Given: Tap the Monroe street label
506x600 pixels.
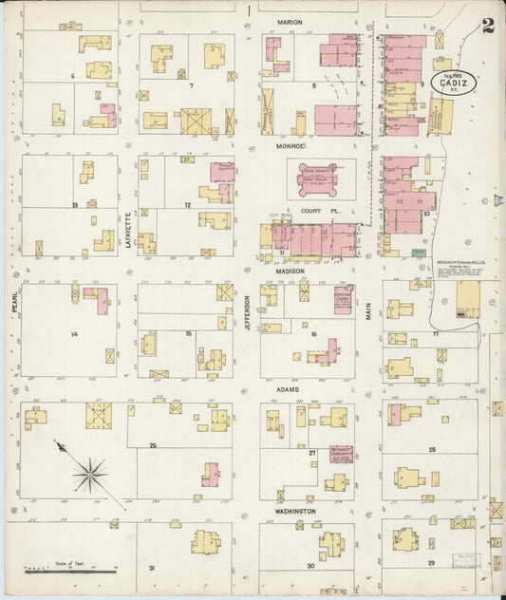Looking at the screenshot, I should [x=290, y=146].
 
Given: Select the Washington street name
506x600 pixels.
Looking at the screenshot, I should [x=296, y=511].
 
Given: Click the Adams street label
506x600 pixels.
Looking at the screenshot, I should [x=288, y=389].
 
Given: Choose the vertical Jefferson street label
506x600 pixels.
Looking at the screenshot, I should [x=250, y=311].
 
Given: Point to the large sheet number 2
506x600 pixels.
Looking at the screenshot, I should [x=487, y=26].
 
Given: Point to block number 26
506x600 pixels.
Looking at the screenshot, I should [x=152, y=444].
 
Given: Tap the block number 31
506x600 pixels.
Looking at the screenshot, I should [x=151, y=567].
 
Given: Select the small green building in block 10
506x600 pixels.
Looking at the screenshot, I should [x=419, y=253].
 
